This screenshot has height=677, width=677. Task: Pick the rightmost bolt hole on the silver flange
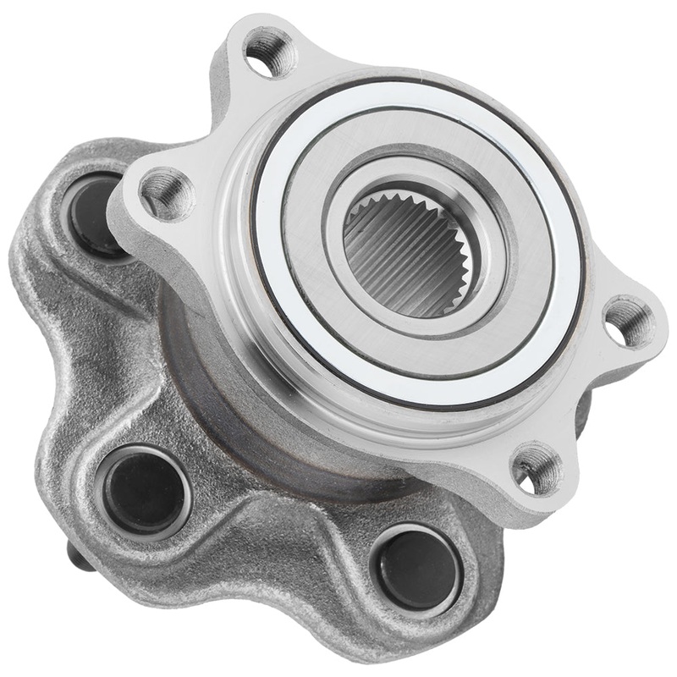click(627, 321)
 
